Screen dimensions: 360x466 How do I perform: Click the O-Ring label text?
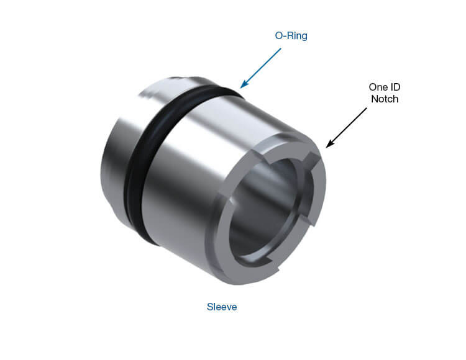click(x=291, y=35)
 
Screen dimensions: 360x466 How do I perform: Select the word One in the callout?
click(x=377, y=88)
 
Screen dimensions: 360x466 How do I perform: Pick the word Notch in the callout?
click(x=385, y=99)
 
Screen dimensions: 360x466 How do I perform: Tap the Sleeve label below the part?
click(x=222, y=307)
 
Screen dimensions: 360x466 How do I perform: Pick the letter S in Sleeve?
click(x=209, y=307)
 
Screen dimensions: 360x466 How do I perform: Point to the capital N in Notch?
click(x=373, y=99)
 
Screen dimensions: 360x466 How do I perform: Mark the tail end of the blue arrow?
click(x=281, y=48)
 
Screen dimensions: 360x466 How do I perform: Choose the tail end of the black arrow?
click(x=367, y=108)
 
